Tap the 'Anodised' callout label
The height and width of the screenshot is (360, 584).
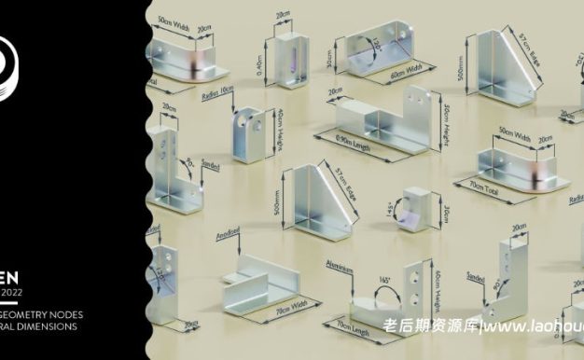pyautogui.click(x=229, y=234)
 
